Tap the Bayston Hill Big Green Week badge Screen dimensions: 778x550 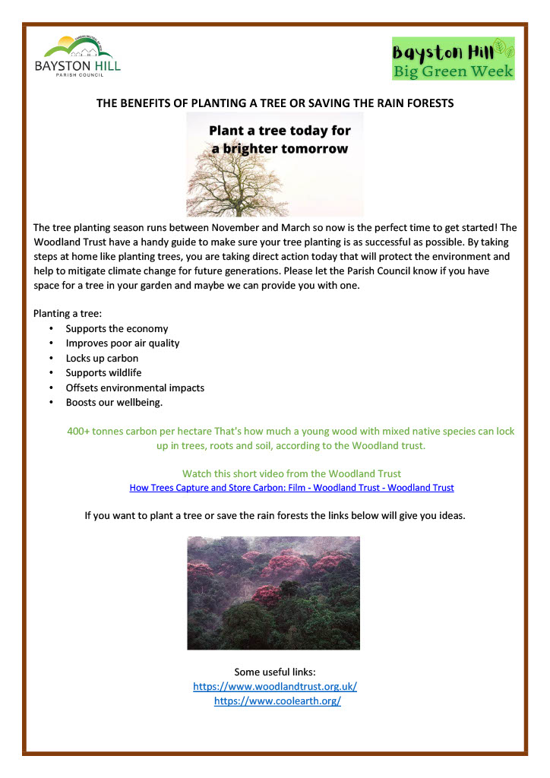(x=453, y=59)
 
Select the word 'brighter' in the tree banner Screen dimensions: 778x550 (x=251, y=149)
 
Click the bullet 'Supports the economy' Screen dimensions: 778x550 (x=116, y=329)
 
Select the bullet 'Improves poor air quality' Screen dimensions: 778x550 (x=122, y=343)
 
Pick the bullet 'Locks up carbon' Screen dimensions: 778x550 (x=102, y=358)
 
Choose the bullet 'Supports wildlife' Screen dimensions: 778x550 (x=103, y=372)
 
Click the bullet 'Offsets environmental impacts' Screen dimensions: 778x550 (x=134, y=387)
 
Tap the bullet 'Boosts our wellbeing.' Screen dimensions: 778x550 (x=114, y=402)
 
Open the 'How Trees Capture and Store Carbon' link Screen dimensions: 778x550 (x=292, y=488)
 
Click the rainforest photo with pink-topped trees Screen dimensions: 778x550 (x=273, y=593)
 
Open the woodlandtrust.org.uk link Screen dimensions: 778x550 (x=275, y=687)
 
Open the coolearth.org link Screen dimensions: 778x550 (x=277, y=701)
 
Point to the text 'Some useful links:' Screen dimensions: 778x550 (x=275, y=672)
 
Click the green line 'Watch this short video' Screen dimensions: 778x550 (x=292, y=474)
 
